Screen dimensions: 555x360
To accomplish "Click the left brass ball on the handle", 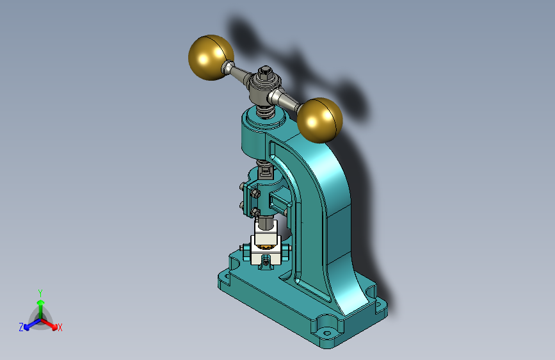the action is point(211,58).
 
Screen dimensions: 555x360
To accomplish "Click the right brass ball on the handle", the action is point(319,120).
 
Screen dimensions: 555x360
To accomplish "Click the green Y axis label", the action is point(40,293).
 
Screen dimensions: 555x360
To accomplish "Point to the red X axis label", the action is point(60,327).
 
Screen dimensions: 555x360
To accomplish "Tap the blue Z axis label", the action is point(21,327).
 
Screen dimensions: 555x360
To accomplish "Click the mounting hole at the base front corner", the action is point(327,333).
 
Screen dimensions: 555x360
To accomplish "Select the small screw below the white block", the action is point(266,263).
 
